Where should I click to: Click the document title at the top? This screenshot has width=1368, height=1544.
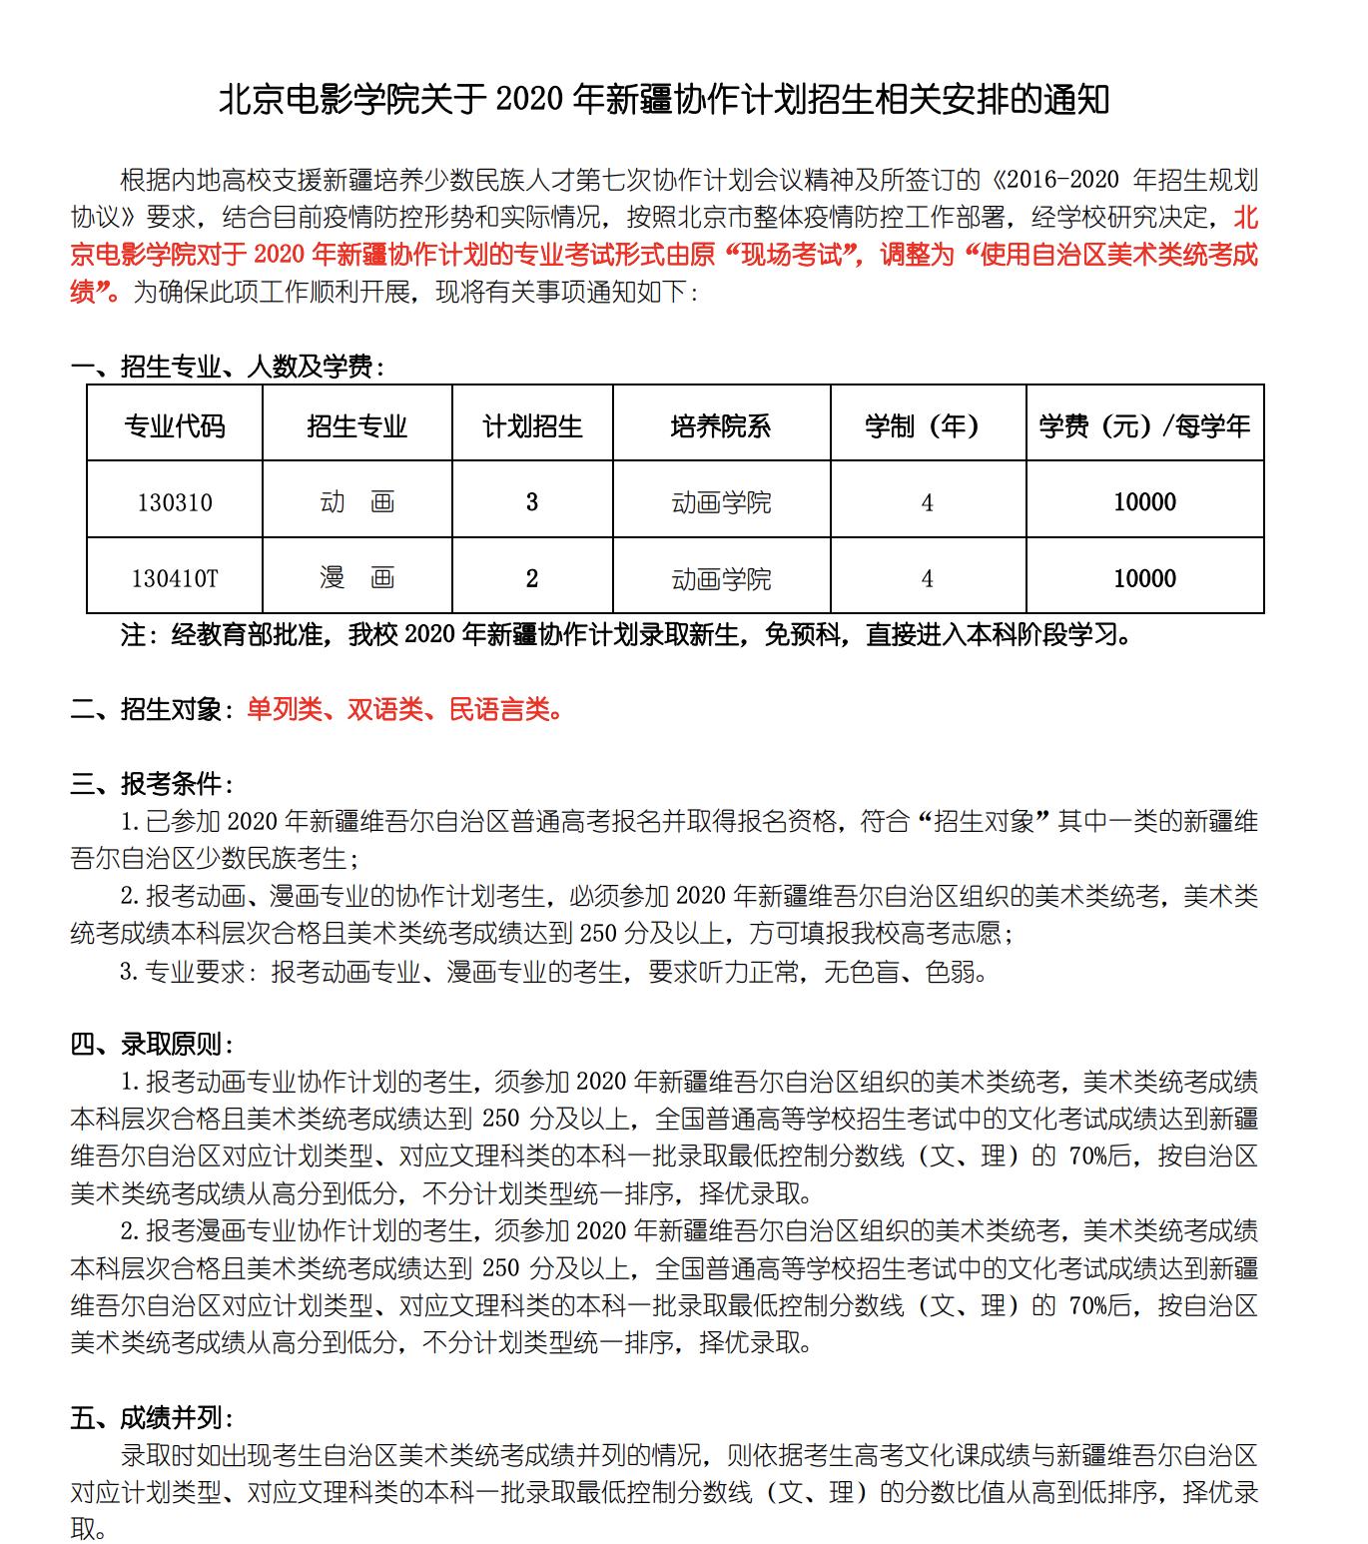tap(664, 100)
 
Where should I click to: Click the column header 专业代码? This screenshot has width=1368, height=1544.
tap(175, 426)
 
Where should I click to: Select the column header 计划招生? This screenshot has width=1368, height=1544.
tap(532, 426)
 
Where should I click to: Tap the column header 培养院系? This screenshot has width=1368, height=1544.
tap(721, 426)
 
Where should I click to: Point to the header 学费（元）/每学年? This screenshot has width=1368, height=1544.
tap(1144, 426)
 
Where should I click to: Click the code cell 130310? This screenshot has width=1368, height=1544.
tap(175, 501)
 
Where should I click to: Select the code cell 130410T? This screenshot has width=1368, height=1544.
tap(175, 578)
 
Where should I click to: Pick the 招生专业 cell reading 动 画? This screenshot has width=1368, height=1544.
tap(357, 501)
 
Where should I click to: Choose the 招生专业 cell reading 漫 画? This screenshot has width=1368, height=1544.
tap(357, 578)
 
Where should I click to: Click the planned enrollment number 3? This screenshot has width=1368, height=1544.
tap(532, 501)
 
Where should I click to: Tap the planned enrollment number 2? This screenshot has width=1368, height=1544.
tap(532, 578)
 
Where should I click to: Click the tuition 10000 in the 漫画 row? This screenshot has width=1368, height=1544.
tap(1144, 578)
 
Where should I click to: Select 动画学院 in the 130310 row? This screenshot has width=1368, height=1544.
tap(721, 501)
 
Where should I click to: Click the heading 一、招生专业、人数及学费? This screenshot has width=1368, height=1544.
tap(228, 367)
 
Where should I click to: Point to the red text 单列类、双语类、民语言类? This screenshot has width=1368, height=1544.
tap(404, 710)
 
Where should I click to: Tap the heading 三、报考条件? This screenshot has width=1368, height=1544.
tap(153, 784)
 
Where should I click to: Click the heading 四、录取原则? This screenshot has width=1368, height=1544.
tap(153, 1045)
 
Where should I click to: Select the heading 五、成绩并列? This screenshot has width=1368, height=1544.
tap(153, 1418)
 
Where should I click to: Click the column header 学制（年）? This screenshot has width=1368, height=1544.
tap(928, 426)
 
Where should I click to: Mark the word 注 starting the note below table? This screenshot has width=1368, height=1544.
tap(132, 635)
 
